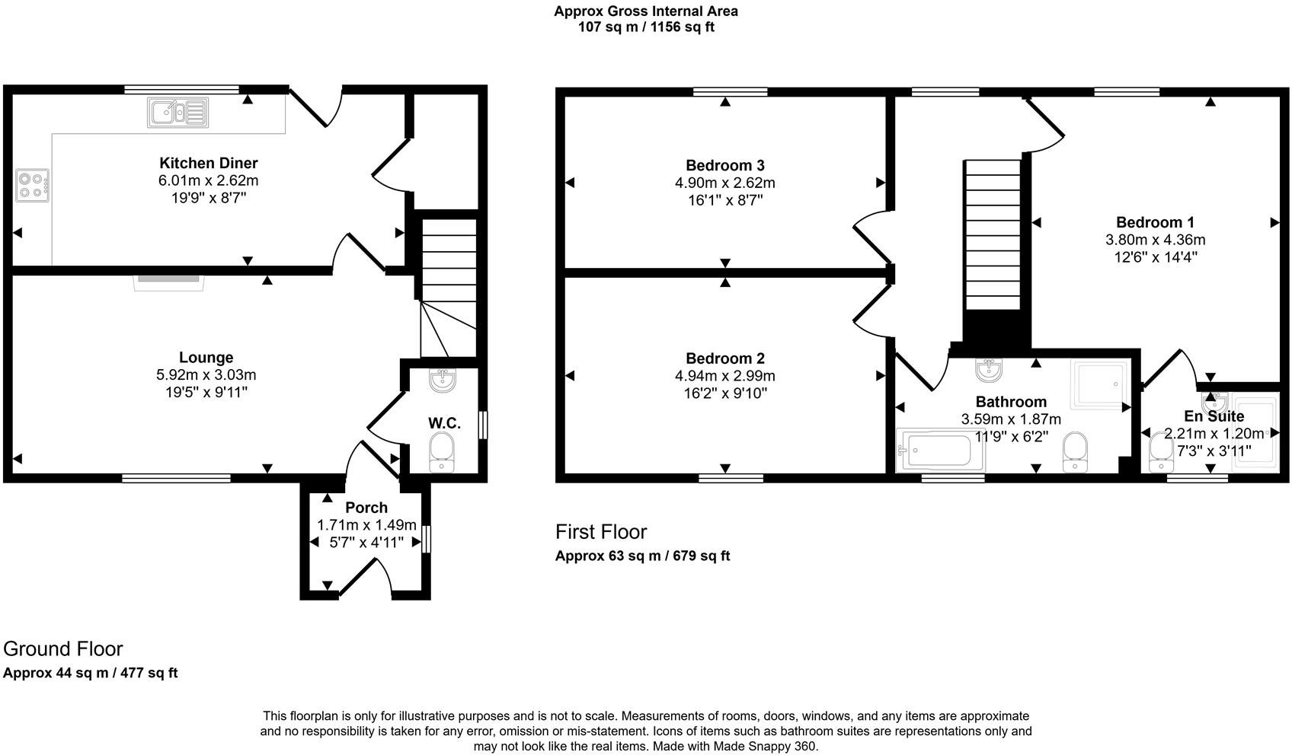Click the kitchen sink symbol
(177, 113)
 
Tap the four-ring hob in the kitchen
(32, 185)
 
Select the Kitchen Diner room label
(208, 163)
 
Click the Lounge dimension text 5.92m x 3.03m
(206, 375)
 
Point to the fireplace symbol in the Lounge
(170, 282)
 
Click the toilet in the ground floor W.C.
(441, 453)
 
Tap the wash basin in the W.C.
(442, 381)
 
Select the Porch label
(366, 508)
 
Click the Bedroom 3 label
(724, 165)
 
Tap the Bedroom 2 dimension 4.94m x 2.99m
(724, 376)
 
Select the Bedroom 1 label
(1155, 222)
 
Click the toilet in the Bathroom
(1076, 451)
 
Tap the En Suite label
(1214, 416)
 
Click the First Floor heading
(601, 531)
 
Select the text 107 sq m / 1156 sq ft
(646, 27)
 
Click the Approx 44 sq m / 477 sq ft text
(91, 673)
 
